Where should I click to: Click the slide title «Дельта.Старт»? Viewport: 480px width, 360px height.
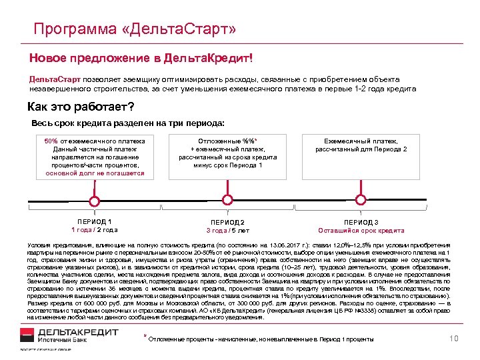pos(133,29)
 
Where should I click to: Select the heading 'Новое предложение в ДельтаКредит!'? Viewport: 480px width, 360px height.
pos(141,58)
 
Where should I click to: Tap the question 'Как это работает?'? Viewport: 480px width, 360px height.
pos(80,107)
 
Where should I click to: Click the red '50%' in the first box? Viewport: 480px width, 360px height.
pos(51,141)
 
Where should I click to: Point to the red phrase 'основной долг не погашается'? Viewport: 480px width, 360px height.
pos(95,173)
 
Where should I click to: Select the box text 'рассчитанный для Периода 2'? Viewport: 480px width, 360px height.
pos(361,149)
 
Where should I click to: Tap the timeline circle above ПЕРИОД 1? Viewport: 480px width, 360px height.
pos(95,201)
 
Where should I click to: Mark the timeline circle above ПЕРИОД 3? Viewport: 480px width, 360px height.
pos(361,201)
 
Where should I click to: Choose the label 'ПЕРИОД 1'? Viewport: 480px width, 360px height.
pos(95,221)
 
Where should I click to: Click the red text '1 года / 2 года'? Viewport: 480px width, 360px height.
pos(95,230)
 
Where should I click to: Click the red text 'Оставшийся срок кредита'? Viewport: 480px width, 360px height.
pos(361,231)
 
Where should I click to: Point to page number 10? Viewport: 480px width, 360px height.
pos(455,339)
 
